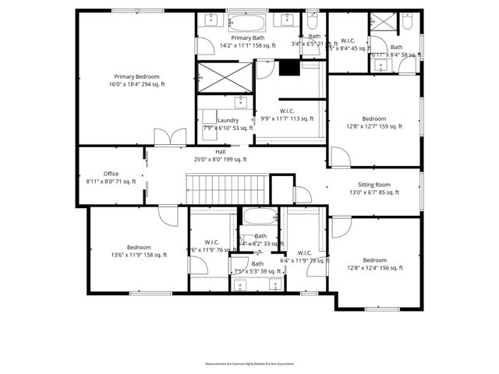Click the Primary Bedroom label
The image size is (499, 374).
[137, 76]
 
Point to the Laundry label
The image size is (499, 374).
[228, 120]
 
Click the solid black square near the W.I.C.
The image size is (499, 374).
[289, 69]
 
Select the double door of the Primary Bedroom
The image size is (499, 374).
[165, 138]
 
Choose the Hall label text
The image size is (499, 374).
[221, 152]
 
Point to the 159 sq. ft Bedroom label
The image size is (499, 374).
[374, 118]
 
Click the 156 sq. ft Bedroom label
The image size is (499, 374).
[374, 260]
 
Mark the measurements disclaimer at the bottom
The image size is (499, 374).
[249, 364]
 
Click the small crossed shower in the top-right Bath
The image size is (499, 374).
[382, 21]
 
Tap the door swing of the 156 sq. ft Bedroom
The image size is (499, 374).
[342, 228]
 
